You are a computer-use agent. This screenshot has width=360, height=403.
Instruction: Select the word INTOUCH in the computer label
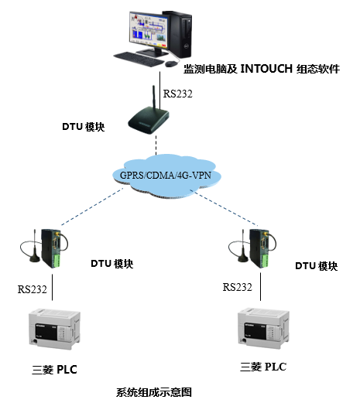(267, 69)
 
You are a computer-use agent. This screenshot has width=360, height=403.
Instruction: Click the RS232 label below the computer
(177, 93)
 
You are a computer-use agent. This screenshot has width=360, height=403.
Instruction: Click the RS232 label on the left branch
(33, 290)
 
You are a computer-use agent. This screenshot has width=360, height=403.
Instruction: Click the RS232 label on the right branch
(238, 286)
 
